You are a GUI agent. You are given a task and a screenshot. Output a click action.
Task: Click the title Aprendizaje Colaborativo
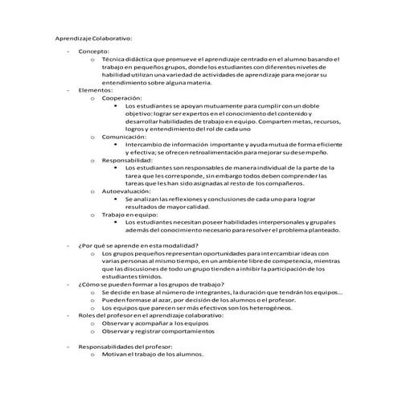pyautogui.click(x=94, y=37)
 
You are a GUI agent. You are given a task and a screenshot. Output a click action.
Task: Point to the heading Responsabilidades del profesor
pyautogui.click(x=129, y=346)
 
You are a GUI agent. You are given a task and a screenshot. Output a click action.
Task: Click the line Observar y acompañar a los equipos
pyautogui.click(x=153, y=322)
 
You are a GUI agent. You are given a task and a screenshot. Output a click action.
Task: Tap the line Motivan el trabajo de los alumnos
pyautogui.click(x=153, y=354)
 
